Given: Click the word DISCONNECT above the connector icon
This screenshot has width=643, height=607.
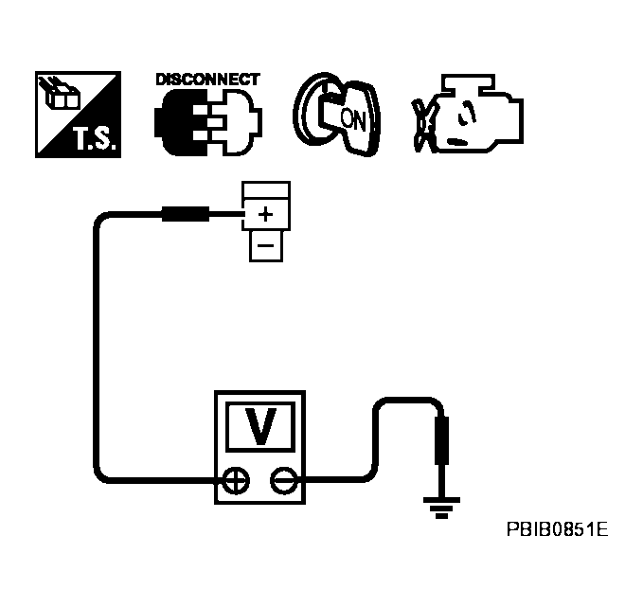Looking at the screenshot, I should click(x=205, y=80).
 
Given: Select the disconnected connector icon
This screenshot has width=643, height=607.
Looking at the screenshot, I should click(x=207, y=123).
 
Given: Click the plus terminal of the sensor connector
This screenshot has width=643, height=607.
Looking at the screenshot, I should click(x=265, y=214).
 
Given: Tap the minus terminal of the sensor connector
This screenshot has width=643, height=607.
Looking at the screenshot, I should click(x=265, y=245).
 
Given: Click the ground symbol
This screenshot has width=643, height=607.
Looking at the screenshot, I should click(x=439, y=509).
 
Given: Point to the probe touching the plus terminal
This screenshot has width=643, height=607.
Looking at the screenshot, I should click(x=187, y=215).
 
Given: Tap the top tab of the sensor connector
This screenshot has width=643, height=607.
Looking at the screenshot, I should click(x=266, y=189).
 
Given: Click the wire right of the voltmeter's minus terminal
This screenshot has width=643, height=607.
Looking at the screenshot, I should click(x=341, y=478).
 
